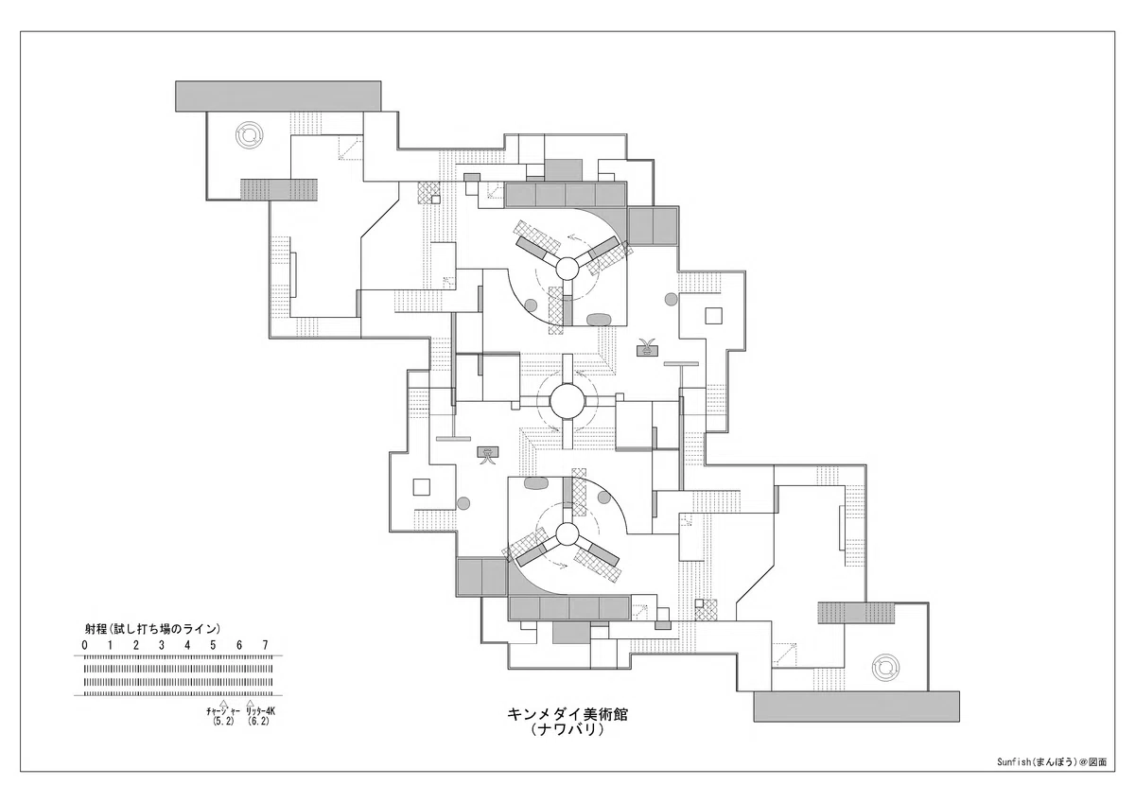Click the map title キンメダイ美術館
tap(567, 715)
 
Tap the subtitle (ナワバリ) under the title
tap(567, 730)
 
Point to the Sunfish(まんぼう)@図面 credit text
tap(1052, 777)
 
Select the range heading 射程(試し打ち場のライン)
tap(152, 629)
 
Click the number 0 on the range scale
tap(84, 645)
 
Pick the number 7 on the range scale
tap(265, 645)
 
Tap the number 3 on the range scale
tap(162, 645)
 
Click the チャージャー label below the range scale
tap(223, 711)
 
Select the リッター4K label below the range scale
tap(260, 711)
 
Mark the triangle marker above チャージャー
tap(223, 703)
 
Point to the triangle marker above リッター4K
tap(250, 703)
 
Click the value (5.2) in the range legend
tap(223, 722)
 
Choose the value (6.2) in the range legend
tap(258, 722)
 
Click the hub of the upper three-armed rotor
tap(567, 268)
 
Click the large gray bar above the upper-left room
tap(278, 96)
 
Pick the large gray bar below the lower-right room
tap(856, 707)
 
